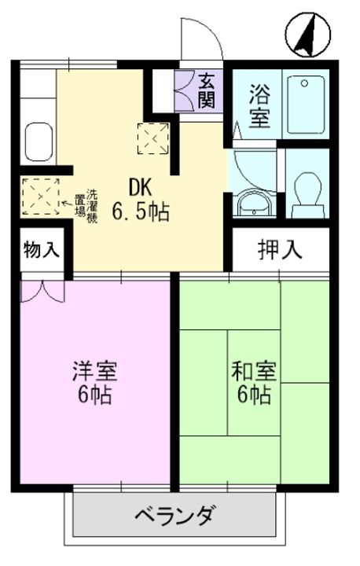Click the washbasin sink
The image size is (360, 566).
[x=255, y=203]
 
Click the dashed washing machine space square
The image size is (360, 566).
[x=39, y=195]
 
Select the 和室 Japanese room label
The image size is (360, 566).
[x=252, y=369]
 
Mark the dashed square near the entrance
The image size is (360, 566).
[x=153, y=138]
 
